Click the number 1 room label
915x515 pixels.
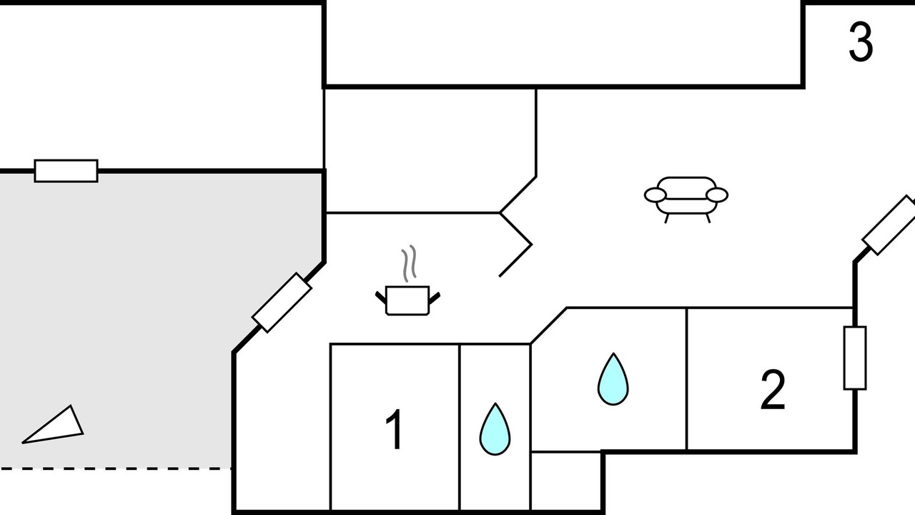coord(395,429)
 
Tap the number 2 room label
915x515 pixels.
coord(773,390)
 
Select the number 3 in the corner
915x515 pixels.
coord(861,41)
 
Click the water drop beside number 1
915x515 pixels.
coord(495,430)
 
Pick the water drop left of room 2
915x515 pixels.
coord(613,379)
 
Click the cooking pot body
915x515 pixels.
coord(407,301)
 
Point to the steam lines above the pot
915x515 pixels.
coord(409,264)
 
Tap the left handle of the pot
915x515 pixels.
coord(381,298)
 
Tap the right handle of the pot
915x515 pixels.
coord(434,298)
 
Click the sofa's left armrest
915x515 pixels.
coord(656,195)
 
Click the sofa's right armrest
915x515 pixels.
coord(717,195)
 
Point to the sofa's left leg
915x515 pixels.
coord(667,219)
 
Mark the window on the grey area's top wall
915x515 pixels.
coord(66,171)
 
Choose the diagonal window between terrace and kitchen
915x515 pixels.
coord(282,303)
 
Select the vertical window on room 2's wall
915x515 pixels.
coord(855,358)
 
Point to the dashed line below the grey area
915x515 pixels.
coord(116,469)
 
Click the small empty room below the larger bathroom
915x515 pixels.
coord(565,481)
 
